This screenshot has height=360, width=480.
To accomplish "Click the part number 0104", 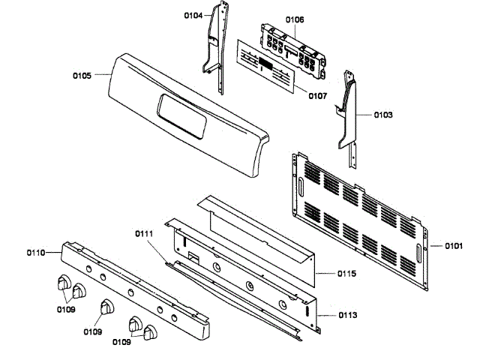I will (193, 15).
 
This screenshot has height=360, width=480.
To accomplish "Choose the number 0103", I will (382, 115).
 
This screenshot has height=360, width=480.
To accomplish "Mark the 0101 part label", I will (454, 245).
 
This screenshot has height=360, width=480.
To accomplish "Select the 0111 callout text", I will (144, 235).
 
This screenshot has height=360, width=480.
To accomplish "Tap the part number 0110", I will (35, 253).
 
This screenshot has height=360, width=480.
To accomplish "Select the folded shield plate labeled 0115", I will (255, 232).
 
